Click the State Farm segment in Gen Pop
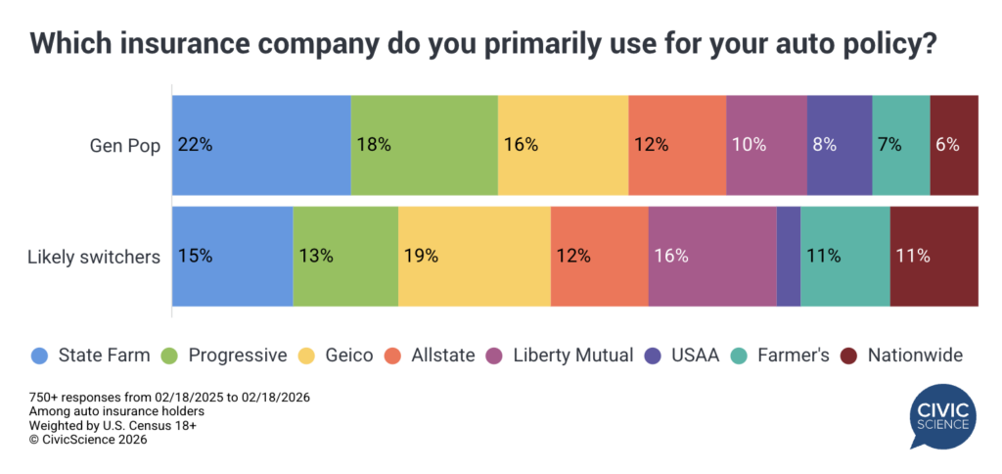click(x=261, y=145)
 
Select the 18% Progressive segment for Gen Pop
click(x=424, y=145)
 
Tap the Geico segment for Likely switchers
click(x=474, y=257)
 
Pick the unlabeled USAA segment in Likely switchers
click(x=789, y=257)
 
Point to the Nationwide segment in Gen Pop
click(x=954, y=145)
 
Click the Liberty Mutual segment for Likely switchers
click(x=712, y=257)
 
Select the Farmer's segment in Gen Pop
click(x=900, y=145)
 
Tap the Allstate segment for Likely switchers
click(x=599, y=257)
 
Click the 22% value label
click(x=195, y=145)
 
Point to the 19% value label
click(x=421, y=257)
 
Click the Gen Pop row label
click(x=124, y=145)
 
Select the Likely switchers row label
click(x=94, y=257)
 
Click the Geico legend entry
click(x=339, y=355)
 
